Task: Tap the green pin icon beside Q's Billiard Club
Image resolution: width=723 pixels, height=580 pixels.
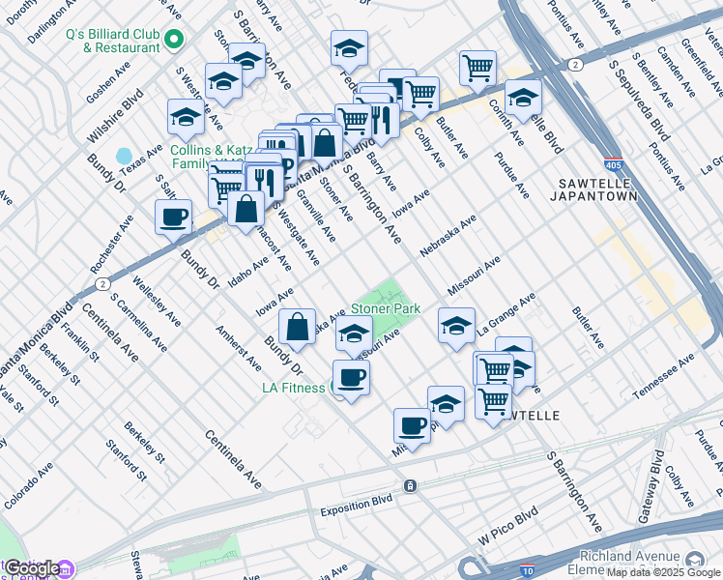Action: [174, 40]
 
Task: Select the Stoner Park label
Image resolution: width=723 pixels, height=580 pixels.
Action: [386, 308]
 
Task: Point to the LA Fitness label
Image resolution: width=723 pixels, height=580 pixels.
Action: [294, 389]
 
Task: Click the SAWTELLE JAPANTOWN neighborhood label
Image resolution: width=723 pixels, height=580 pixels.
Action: [599, 188]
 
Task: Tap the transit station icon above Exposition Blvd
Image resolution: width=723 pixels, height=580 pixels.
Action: [411, 485]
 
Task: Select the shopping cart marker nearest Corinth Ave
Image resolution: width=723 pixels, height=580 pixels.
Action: [477, 69]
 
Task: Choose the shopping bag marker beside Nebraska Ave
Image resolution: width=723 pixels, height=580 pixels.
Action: [297, 327]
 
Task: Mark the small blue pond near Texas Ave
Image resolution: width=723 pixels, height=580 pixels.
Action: [124, 156]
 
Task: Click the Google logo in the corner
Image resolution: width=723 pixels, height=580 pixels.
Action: [31, 568]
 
